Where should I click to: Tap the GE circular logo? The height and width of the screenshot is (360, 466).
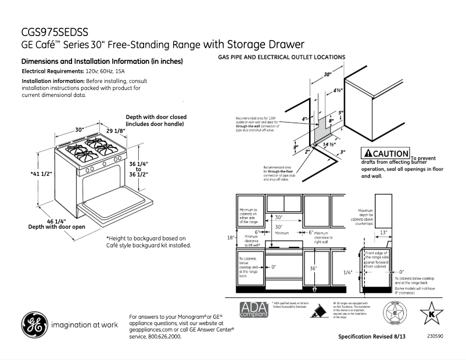[x=34, y=325]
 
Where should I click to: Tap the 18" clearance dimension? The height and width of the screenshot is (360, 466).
[x=230, y=237]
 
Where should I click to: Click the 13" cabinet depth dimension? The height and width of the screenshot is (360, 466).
[x=383, y=233]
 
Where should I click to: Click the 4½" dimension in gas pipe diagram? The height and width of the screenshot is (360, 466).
[x=337, y=90]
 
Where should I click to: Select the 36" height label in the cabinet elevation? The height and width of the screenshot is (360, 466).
[x=313, y=268]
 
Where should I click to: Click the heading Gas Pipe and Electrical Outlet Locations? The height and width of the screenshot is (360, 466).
[x=281, y=57]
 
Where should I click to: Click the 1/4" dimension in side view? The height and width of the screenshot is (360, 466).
[x=347, y=272]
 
